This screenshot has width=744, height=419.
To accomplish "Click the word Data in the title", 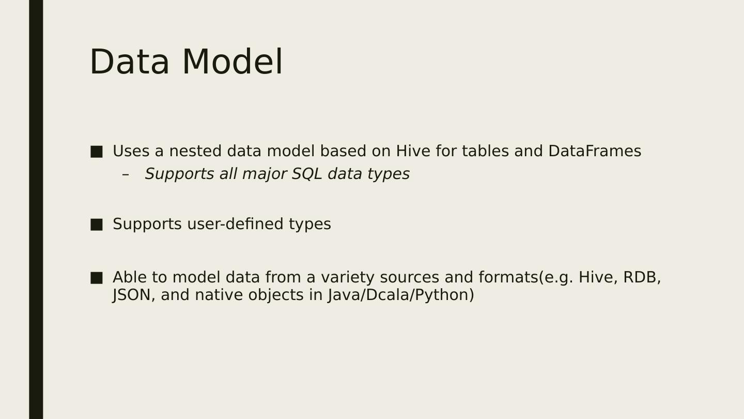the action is point(130,62).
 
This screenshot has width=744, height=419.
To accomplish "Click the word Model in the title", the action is point(233,62).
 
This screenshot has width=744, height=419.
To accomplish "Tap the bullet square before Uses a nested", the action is point(96,152).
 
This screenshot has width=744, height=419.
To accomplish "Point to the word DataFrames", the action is point(595,151).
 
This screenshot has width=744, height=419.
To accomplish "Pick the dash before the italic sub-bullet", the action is point(125,174).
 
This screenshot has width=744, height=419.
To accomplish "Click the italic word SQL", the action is point(307,174).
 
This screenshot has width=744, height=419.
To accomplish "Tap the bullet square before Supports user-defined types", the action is point(96,225).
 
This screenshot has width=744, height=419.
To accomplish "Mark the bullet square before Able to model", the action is point(96,278).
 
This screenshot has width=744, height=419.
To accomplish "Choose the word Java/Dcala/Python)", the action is point(401,295).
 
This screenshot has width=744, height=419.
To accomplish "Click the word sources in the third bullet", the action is point(410,278).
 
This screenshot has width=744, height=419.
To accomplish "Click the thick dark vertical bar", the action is point(36,209).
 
